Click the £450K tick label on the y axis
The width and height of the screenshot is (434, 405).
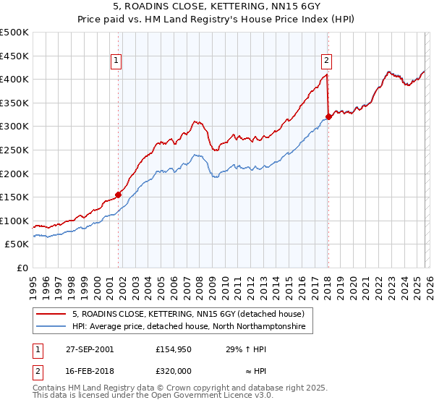point(14,56)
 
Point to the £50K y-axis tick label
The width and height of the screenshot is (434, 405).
point(17,244)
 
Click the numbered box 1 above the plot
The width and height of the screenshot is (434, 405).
point(117,61)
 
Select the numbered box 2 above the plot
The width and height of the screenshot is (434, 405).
point(327,61)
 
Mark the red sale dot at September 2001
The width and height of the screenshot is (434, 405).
point(119,194)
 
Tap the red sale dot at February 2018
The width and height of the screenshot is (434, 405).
point(328,116)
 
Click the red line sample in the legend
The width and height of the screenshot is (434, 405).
point(51,314)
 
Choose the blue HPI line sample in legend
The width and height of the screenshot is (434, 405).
point(51,327)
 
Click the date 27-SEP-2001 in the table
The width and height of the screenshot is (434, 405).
point(88,349)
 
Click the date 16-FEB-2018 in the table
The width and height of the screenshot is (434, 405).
point(88,371)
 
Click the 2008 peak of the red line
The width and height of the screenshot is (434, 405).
point(195,121)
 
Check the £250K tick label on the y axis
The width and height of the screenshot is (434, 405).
point(14,150)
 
